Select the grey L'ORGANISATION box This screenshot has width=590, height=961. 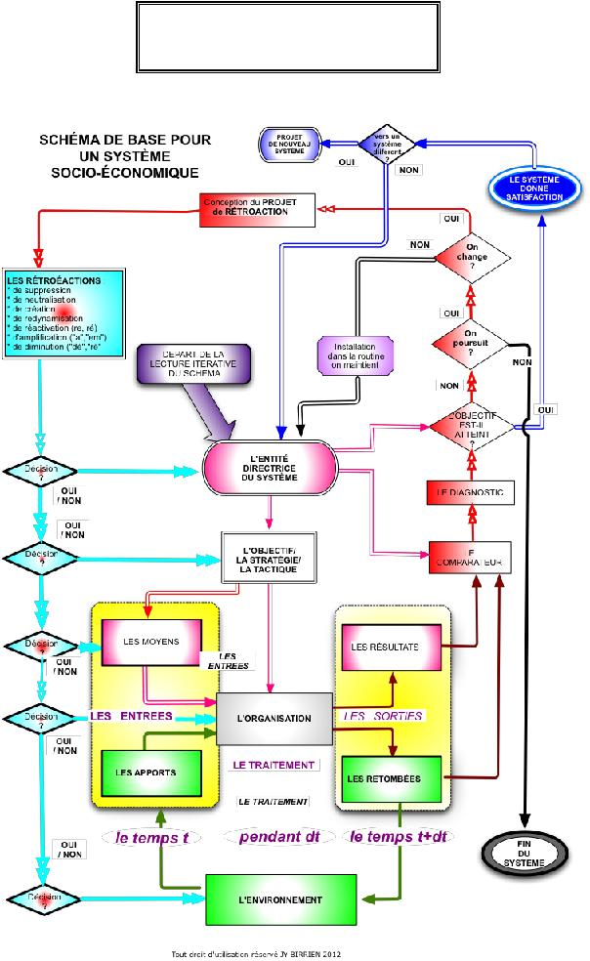(x=274, y=719)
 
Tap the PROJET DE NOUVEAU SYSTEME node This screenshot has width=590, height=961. (x=291, y=144)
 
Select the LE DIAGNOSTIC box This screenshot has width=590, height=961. (x=470, y=493)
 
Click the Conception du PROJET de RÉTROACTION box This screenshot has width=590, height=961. (x=258, y=206)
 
